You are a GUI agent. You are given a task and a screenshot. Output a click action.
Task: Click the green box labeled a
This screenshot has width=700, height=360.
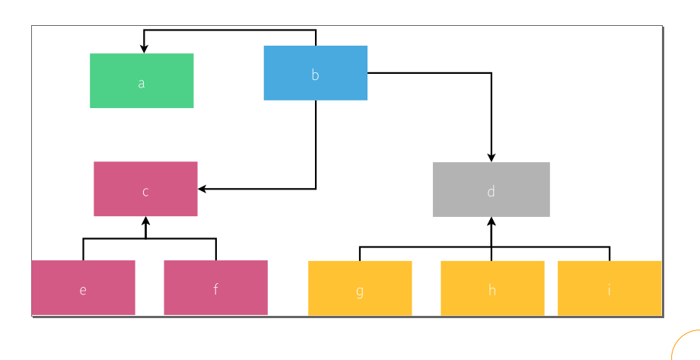(x=142, y=81)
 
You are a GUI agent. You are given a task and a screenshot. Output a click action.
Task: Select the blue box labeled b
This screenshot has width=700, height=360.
(x=315, y=73)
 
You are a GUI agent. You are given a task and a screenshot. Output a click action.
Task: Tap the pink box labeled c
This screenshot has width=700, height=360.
(x=145, y=189)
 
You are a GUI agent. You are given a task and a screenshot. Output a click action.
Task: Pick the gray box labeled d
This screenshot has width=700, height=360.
(x=491, y=190)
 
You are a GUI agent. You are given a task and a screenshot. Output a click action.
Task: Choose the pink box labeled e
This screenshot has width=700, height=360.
(x=83, y=288)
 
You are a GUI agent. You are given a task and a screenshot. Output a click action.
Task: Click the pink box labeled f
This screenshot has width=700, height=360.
(x=215, y=288)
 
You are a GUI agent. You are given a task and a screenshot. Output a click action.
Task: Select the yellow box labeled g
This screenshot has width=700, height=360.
(x=359, y=288)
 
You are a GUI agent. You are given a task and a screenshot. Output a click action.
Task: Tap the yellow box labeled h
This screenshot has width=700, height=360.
(x=492, y=288)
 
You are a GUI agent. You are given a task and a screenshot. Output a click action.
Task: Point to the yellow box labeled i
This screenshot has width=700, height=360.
(x=609, y=288)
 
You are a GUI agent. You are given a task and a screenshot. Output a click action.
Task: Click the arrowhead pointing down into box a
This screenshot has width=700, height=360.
(x=144, y=49)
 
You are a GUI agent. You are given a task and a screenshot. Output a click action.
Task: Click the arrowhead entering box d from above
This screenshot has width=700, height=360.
(x=492, y=157)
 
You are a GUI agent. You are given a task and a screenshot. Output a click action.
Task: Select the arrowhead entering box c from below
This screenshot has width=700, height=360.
(x=145, y=221)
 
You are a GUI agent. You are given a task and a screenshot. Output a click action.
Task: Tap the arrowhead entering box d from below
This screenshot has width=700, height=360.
(x=492, y=221)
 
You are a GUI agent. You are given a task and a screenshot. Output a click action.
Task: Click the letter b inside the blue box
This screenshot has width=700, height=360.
(x=315, y=75)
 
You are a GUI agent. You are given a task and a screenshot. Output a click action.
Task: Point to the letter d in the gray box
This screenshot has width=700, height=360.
(x=491, y=191)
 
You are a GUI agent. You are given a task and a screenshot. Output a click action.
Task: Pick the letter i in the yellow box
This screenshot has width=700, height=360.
(x=609, y=289)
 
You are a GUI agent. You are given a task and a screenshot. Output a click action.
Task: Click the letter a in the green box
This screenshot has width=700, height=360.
(x=142, y=83)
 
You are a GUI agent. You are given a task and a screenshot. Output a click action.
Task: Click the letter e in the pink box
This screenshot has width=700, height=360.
(x=83, y=290)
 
